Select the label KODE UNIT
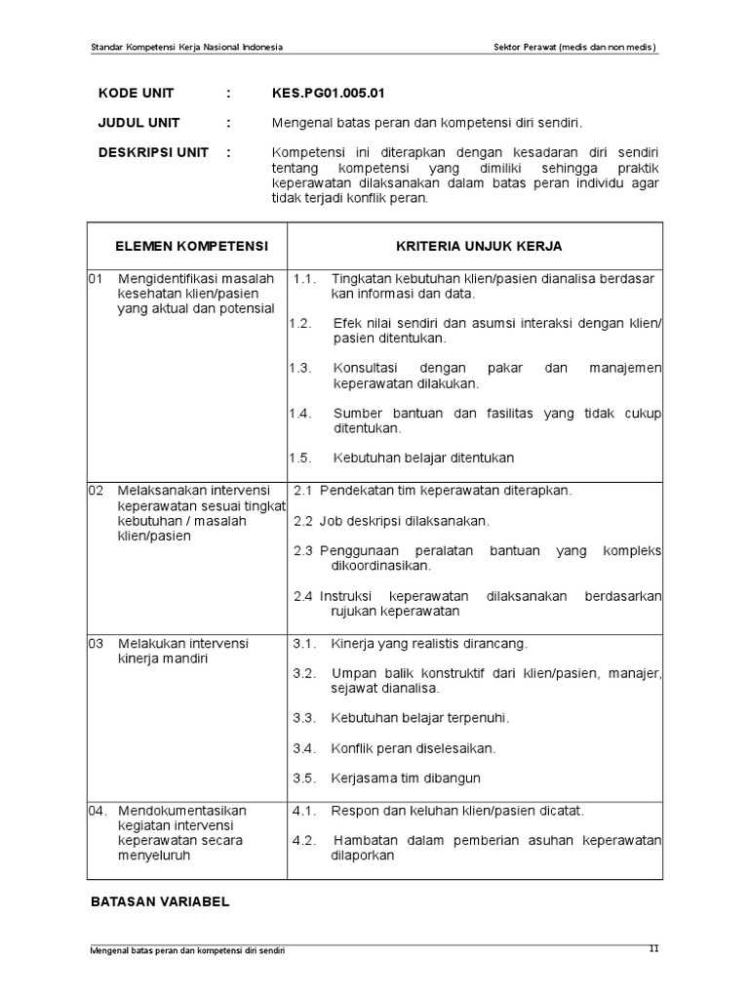pos(136,94)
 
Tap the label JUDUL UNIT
pos(138,123)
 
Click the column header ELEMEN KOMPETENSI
pos(191,246)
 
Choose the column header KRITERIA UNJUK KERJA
pos(478,246)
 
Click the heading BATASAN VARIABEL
pos(160,901)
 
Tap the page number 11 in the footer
pos(654,949)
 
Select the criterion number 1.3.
pos(300,368)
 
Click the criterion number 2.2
pos(303,521)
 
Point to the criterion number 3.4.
pos(304,748)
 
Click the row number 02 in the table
pos(96,490)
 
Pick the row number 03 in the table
pos(96,644)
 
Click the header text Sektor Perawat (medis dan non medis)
pos(575,47)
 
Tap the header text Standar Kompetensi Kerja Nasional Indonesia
pos(187,47)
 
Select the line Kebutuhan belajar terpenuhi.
pos(420,718)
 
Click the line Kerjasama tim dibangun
pos(407,779)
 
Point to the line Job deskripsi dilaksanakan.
pos(405,521)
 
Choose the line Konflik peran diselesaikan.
pos(414,748)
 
